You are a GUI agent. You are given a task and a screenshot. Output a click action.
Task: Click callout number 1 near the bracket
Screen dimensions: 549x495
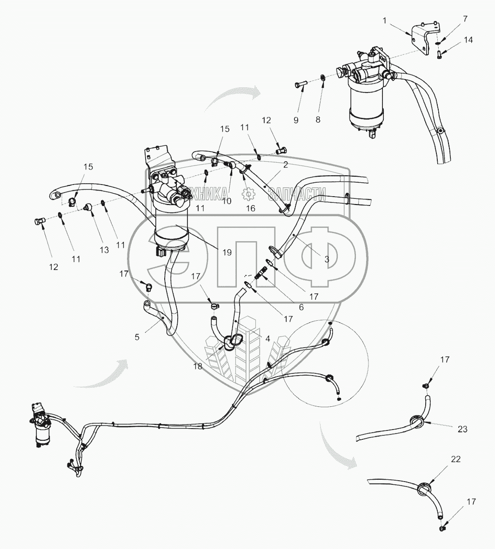[x=384, y=20]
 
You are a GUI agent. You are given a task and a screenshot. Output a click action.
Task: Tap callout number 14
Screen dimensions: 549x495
[x=468, y=40]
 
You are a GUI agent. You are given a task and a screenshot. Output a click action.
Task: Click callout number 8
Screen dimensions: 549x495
[x=318, y=119]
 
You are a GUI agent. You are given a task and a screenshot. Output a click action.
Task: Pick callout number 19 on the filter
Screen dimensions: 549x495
[x=227, y=252]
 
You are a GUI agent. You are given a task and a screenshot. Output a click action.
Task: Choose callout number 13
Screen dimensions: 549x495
[x=104, y=250]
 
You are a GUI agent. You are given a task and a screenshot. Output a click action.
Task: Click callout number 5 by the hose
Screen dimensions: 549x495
[x=137, y=337]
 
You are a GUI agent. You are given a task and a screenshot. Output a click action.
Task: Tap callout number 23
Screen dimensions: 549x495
[x=462, y=430]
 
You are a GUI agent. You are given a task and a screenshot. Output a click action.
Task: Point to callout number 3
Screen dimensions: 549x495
[x=327, y=259]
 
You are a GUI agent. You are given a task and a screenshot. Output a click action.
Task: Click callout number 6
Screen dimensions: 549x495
[x=301, y=307]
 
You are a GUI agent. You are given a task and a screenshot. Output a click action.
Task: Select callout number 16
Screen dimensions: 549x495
[x=250, y=209]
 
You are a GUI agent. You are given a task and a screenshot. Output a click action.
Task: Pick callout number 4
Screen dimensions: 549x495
[x=268, y=338]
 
